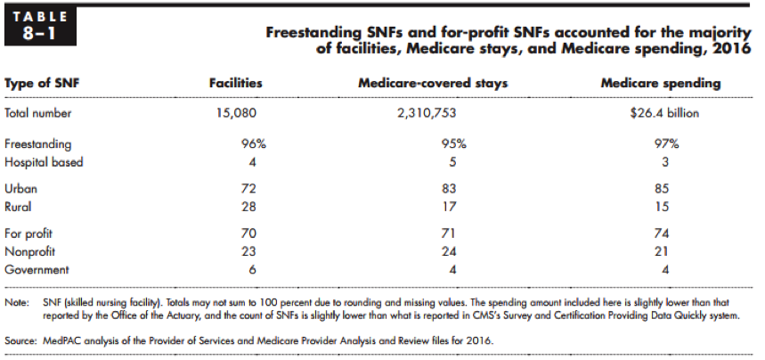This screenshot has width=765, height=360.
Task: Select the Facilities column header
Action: (x=235, y=83)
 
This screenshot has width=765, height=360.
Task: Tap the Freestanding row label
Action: (x=38, y=143)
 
